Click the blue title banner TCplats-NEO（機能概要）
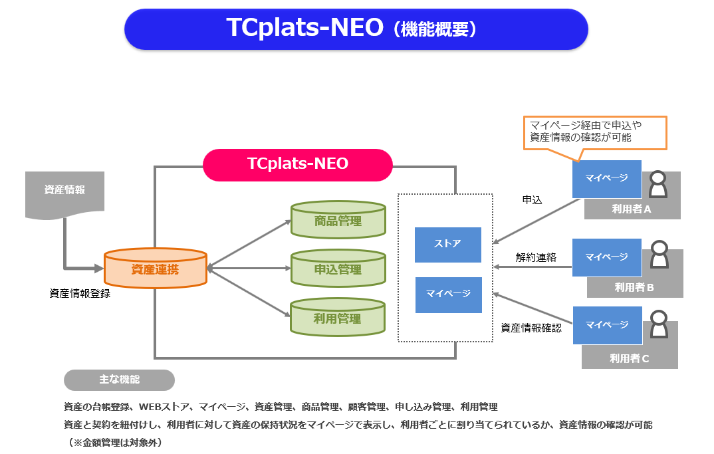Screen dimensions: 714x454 click(x=356, y=29)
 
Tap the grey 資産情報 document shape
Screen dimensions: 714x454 click(x=64, y=193)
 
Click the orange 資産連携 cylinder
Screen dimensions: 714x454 click(x=156, y=268)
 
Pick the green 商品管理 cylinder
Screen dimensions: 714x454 click(x=338, y=220)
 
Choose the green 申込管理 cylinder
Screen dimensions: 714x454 click(x=338, y=268)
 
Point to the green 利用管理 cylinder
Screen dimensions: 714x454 click(x=338, y=317)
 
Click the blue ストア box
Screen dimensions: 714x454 click(x=447, y=245)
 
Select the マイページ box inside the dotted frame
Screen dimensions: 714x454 click(x=449, y=294)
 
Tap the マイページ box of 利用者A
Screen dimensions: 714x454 click(x=606, y=179)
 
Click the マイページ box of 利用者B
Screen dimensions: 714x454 click(x=606, y=257)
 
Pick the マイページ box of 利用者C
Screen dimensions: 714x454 click(x=608, y=325)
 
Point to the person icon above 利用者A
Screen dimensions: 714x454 click(x=658, y=184)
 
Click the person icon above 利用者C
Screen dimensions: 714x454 click(x=659, y=324)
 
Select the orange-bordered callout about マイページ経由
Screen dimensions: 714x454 click(x=595, y=132)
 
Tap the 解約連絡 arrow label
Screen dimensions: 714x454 click(x=536, y=257)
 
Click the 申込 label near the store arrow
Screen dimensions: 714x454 click(x=532, y=199)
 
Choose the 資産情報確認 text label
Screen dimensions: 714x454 click(x=531, y=328)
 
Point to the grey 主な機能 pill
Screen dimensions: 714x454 click(x=119, y=380)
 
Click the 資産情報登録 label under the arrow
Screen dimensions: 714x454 click(x=80, y=294)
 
